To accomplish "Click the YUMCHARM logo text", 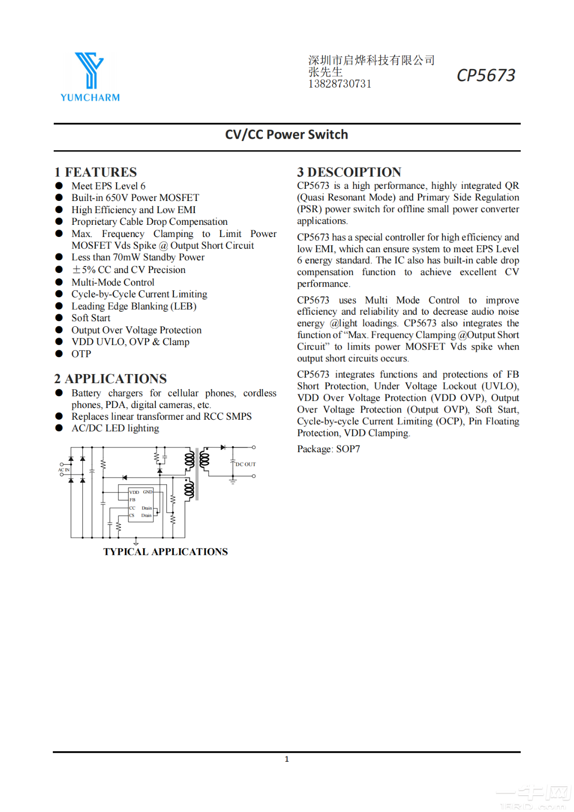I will [90, 97].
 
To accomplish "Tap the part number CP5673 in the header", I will [486, 75].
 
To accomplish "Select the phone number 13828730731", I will [340, 84].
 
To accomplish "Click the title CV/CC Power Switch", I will [286, 134].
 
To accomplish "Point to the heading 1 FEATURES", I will [95, 172].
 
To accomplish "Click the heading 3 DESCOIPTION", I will [349, 172].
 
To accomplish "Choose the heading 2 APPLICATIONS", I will [111, 379].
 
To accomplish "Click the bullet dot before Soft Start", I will [59, 318].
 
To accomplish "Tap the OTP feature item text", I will [81, 354].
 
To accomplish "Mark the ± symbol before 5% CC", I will [76, 270].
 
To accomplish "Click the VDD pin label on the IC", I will [134, 492].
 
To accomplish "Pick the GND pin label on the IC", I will [148, 492].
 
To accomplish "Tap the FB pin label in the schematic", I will [132, 500].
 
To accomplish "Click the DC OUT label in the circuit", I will [246, 464].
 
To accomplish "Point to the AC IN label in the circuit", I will [64, 470].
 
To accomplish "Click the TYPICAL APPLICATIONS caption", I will [165, 552].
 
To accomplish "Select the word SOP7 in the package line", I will [348, 449].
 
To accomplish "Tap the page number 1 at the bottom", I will [287, 759].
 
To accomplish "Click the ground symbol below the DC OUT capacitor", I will [233, 482].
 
